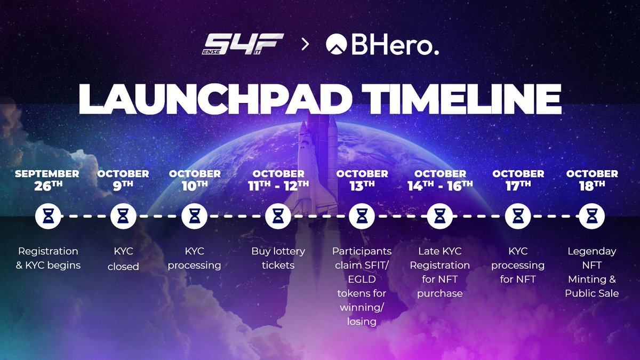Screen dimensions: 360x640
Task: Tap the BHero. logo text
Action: (382, 45)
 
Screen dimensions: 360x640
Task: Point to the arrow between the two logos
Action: (306, 45)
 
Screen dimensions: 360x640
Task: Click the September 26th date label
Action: (47, 180)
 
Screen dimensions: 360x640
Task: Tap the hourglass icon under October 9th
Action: (123, 217)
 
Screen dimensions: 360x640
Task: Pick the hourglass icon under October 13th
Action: (362, 217)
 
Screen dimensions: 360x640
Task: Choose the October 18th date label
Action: (592, 180)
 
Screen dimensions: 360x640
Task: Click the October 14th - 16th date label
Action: (440, 180)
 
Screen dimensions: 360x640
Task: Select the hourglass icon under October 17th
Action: (518, 217)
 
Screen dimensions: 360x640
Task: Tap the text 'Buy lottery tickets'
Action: (278, 258)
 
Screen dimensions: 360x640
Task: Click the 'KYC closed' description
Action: (123, 258)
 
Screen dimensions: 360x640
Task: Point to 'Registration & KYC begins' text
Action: (48, 258)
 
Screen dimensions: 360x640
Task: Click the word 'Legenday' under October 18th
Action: (592, 251)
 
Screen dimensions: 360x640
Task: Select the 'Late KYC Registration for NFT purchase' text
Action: (440, 272)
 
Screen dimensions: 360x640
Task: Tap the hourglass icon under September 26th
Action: (48, 217)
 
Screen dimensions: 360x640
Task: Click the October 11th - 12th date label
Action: (278, 180)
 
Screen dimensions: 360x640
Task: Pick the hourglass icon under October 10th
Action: (194, 217)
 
